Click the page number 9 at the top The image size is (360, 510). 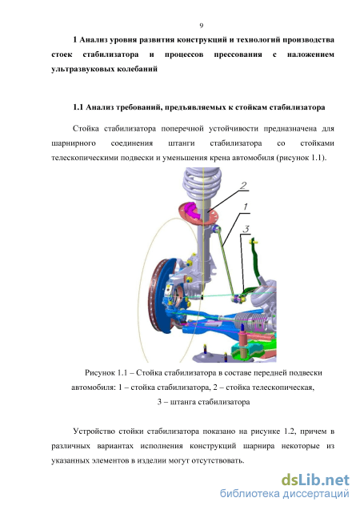coord(202,26)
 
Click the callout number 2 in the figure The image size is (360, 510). coord(243,186)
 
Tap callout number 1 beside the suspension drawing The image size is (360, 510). coord(246,207)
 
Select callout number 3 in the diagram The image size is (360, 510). coord(246,229)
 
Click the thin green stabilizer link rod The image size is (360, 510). coord(226,263)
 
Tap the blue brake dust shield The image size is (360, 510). coord(170,299)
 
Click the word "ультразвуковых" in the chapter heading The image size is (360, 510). coord(78,70)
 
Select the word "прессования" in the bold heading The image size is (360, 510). coord(238,54)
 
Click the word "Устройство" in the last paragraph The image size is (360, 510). coord(94,432)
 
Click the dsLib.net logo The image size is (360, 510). coord(315,480)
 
